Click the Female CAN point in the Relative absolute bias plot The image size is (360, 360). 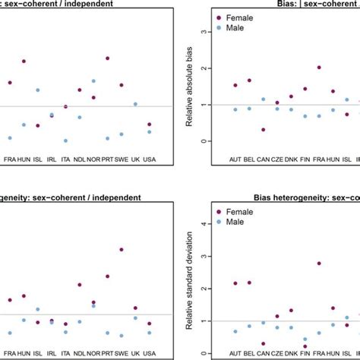[264, 130]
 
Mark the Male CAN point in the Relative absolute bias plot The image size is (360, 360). [264, 99]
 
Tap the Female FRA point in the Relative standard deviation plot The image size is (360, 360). [318, 264]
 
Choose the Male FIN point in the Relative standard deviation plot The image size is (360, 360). [305, 339]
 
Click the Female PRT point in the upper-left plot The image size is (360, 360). [107, 58]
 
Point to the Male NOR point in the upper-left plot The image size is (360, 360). [93, 81]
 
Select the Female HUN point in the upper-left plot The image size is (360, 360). [24, 61]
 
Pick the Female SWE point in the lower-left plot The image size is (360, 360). [122, 249]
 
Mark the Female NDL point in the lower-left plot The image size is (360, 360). [79, 285]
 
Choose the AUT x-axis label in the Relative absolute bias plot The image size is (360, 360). [235, 160]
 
